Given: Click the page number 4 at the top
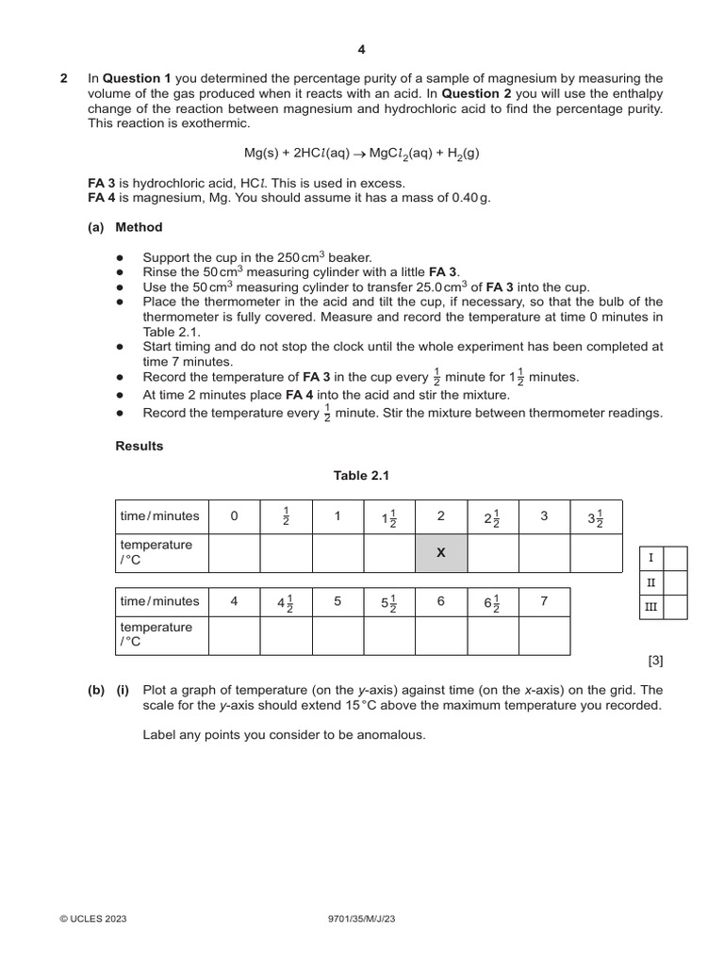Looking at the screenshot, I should point(361,50).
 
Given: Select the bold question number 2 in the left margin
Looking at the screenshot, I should point(64,78).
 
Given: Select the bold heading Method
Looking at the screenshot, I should point(139,227).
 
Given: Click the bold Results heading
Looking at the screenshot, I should point(139,446).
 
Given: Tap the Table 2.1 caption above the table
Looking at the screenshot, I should point(361,476).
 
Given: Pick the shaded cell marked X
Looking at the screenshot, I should point(440,553).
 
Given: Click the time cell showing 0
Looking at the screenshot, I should point(234,515).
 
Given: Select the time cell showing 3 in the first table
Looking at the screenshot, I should point(544,515).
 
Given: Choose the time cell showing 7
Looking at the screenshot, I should point(544,601).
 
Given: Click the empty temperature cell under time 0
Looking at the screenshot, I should point(234,553).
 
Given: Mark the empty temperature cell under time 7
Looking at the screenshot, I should point(544,635).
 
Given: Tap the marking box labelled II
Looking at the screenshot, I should point(651,583).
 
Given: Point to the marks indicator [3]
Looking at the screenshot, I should point(654,662).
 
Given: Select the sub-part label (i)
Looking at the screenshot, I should point(123,689).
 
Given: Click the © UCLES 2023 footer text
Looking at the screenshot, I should point(92,918).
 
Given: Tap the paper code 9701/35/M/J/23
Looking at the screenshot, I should point(361,918).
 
